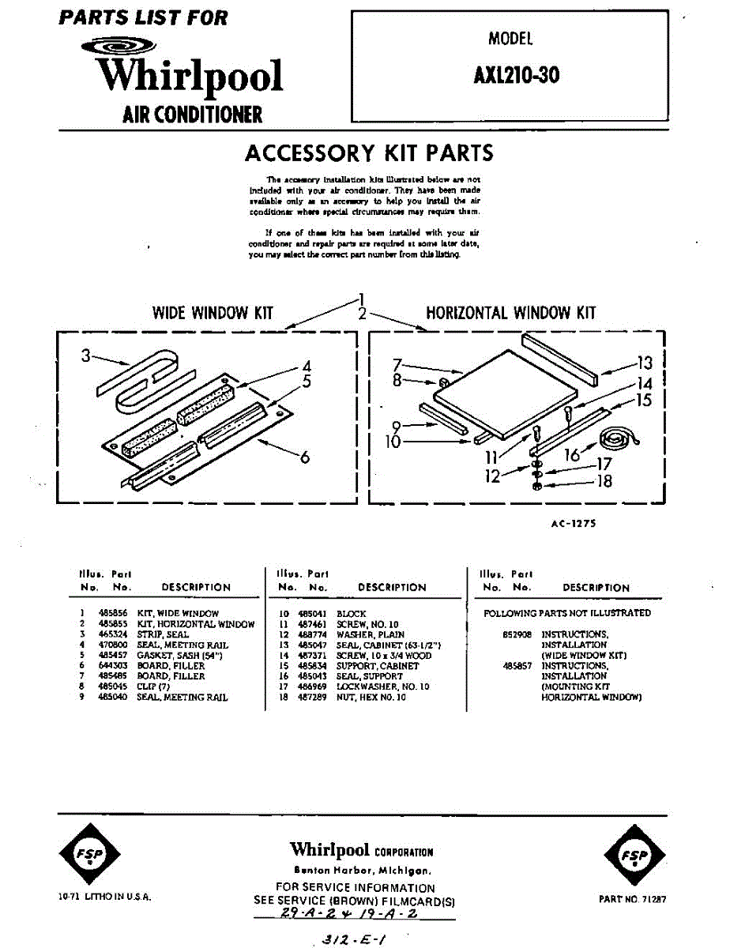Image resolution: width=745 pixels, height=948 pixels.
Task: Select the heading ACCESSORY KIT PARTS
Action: [369, 152]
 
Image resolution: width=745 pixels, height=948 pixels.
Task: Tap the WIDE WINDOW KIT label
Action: [213, 313]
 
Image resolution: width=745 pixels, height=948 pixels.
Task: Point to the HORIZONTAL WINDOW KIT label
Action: [511, 313]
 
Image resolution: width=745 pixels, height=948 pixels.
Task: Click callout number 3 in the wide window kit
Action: [86, 356]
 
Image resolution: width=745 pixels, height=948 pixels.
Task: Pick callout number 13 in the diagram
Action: [645, 363]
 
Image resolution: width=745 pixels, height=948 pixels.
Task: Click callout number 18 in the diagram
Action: [604, 480]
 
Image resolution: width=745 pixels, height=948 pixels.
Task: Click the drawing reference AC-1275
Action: [574, 523]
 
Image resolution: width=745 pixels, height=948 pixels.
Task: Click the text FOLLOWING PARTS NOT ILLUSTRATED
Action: [566, 613]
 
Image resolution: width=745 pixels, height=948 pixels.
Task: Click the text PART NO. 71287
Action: [633, 899]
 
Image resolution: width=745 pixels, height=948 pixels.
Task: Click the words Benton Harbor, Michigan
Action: [362, 871]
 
